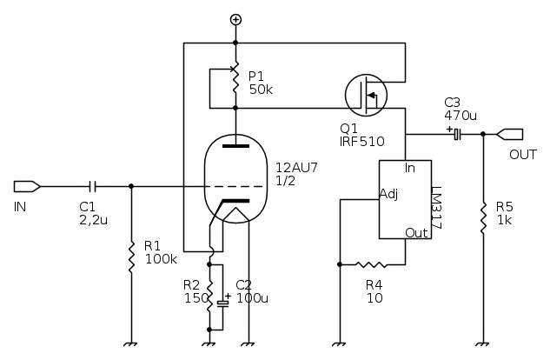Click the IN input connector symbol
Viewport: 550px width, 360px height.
(27, 185)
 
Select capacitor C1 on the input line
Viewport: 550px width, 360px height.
(95, 185)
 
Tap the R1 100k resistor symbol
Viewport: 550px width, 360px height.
(131, 256)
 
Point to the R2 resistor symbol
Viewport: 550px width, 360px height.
(209, 296)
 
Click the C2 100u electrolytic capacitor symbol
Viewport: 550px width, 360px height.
(224, 301)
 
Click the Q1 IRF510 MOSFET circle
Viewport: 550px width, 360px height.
(366, 95)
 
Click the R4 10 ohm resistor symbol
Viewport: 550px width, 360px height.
(373, 263)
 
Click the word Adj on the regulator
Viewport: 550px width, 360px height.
(390, 194)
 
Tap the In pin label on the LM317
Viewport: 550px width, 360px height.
(411, 167)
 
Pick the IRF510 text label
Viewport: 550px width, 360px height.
(361, 140)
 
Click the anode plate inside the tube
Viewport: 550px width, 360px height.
(235, 147)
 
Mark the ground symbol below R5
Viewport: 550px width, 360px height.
(482, 344)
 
